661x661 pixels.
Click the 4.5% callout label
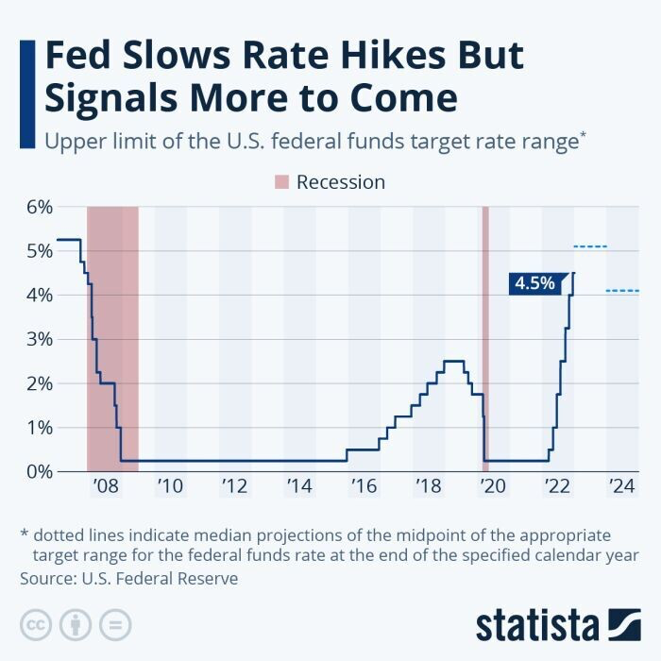coord(535,282)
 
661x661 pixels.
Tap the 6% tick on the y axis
coord(37,207)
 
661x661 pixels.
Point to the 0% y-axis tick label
coord(37,471)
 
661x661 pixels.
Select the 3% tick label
coord(37,339)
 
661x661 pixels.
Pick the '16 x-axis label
coord(364,486)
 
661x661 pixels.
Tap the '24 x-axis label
coord(621,486)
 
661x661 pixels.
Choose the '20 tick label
coord(493,486)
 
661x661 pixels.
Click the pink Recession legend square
coord(280,182)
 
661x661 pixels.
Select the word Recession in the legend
coord(341,182)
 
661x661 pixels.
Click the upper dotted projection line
coord(590,246)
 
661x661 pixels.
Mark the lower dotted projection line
coord(622,291)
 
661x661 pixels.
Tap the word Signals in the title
coord(112,99)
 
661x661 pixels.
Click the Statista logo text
coord(537,624)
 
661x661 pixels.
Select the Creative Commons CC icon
coord(36,624)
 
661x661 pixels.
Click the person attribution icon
coord(75,624)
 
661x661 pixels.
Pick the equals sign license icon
coord(114,624)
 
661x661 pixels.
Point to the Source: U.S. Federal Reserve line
coord(128,578)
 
